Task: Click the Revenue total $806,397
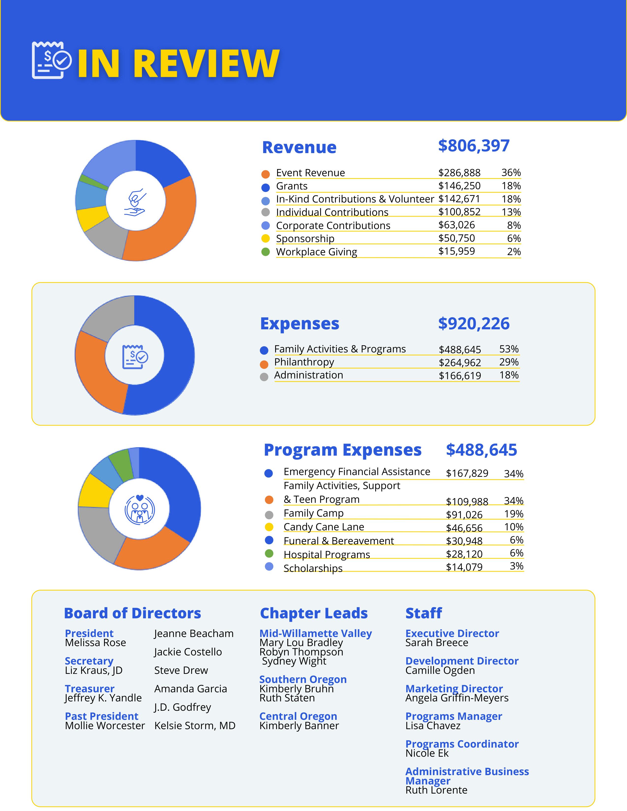tap(474, 145)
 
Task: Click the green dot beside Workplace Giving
tap(265, 252)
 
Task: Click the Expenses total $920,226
tap(474, 323)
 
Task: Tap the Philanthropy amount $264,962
tap(460, 362)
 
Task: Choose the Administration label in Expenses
tap(308, 375)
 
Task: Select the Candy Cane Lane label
tap(324, 527)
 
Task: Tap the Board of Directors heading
tap(132, 613)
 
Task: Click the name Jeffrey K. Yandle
tap(103, 698)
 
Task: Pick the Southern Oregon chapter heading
tap(303, 679)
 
